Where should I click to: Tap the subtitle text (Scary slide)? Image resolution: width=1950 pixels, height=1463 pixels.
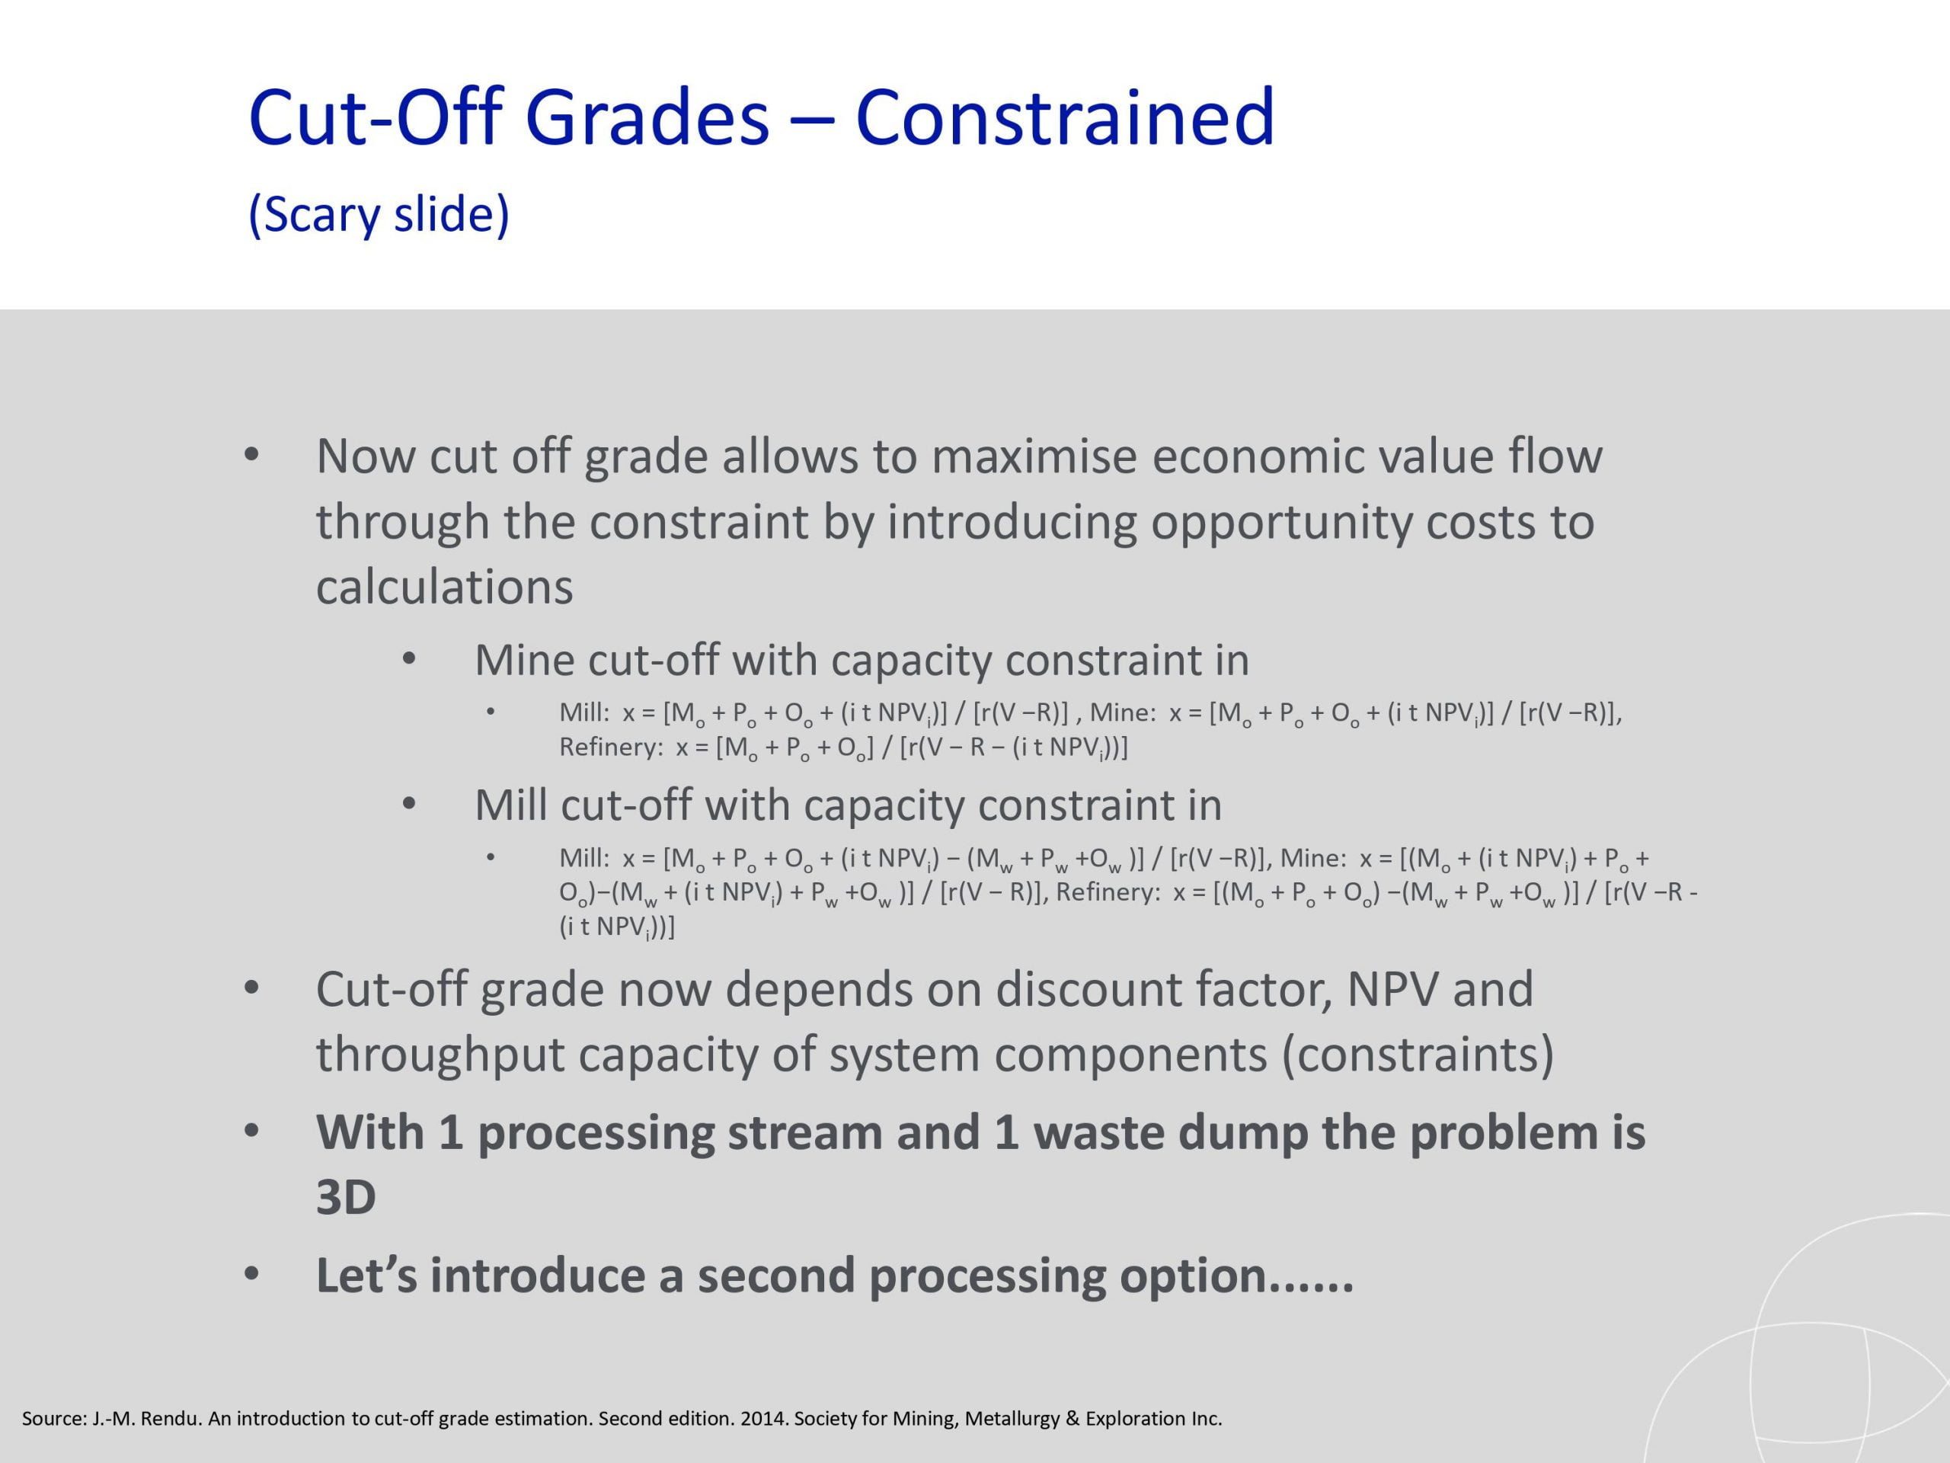pyautogui.click(x=379, y=215)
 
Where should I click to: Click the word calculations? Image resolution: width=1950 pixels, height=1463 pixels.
pyautogui.click(x=444, y=587)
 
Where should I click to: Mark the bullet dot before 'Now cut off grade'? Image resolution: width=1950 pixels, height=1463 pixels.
pyautogui.click(x=251, y=455)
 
